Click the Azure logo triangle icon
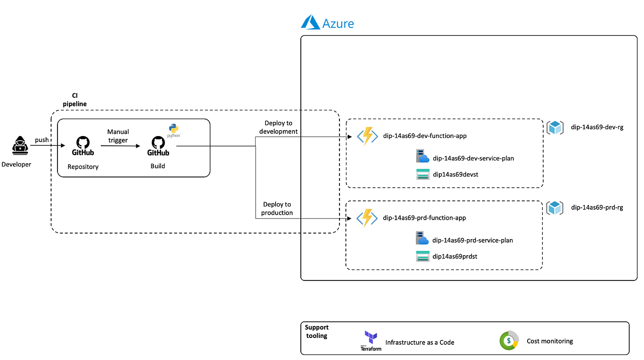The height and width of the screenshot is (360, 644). coord(310,22)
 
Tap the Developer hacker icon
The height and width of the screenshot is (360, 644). coord(20,146)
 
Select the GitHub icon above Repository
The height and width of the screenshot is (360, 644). coord(83,146)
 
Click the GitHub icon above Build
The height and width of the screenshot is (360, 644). coord(158,146)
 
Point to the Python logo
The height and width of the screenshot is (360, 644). coord(174,131)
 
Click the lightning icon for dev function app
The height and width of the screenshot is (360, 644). coord(368,136)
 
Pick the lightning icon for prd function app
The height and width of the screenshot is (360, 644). coord(367,218)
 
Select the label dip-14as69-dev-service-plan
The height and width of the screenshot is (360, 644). coord(473,158)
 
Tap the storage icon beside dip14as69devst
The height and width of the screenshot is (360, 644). coord(423,174)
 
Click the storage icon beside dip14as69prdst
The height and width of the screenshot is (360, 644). coord(423,256)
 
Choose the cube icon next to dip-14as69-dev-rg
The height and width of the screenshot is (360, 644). coord(555,127)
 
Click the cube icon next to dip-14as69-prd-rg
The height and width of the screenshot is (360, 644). coord(555,208)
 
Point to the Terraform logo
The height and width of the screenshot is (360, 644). coord(371,341)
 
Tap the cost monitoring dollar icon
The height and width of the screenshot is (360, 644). coord(509,341)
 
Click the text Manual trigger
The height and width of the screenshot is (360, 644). coord(118,136)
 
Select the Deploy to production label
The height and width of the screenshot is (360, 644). coord(277,209)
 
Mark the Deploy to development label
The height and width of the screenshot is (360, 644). coord(278,127)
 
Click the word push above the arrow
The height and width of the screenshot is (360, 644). coord(42,140)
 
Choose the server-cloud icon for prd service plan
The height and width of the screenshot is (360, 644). coord(422,238)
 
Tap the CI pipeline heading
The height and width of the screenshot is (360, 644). coord(75,100)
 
